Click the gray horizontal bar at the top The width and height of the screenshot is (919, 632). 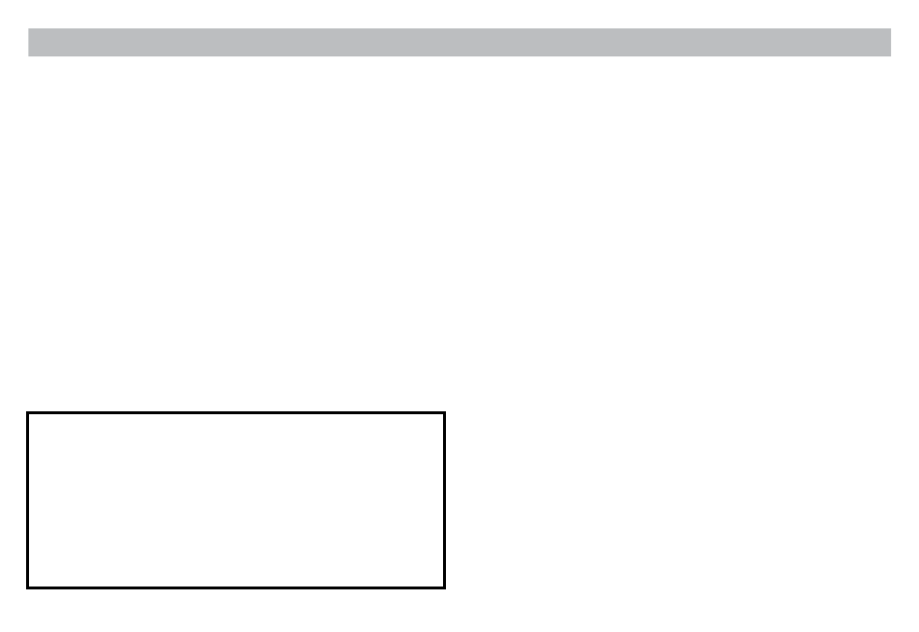(459, 43)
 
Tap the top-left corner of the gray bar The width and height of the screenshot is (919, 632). (29, 29)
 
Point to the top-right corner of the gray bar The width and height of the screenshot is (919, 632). (890, 29)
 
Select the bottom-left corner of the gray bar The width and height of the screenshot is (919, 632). (29, 55)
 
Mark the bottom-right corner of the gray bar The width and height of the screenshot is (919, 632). (890, 55)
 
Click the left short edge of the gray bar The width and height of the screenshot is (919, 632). (29, 43)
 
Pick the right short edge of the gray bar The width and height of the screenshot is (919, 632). (890, 43)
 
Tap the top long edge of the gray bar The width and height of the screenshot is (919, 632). (459, 29)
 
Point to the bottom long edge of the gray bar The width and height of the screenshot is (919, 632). (459, 55)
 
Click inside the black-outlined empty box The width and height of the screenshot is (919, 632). (236, 500)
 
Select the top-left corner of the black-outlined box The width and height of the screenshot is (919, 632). (28, 414)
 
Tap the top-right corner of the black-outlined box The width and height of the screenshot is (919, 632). (444, 414)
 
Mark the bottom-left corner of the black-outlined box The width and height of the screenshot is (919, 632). (28, 587)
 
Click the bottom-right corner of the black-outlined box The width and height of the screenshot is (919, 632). (444, 587)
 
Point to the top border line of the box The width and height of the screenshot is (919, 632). (236, 414)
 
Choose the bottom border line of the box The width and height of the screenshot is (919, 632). (236, 587)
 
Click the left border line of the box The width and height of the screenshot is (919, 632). (28, 500)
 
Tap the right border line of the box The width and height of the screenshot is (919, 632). (444, 500)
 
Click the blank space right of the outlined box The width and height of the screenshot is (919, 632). (677, 500)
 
